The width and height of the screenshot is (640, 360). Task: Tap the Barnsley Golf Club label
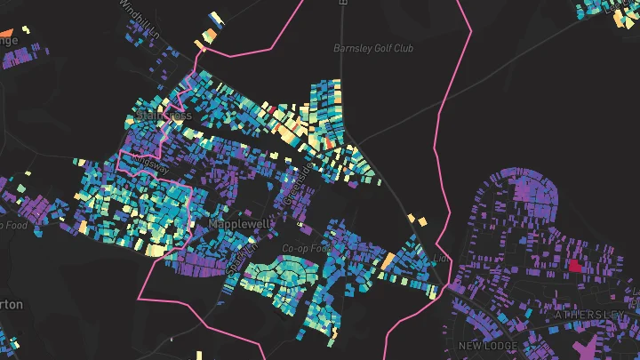click(x=373, y=48)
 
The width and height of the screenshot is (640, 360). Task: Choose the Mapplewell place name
click(x=240, y=225)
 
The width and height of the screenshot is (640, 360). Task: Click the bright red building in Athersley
click(x=574, y=265)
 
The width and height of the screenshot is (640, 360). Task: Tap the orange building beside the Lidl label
click(x=388, y=260)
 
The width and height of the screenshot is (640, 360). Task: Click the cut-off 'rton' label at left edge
click(x=11, y=304)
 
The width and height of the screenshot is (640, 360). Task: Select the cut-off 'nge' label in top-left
click(x=8, y=40)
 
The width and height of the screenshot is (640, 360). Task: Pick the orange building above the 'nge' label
click(x=26, y=28)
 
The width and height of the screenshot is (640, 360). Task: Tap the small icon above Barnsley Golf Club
click(x=342, y=3)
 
